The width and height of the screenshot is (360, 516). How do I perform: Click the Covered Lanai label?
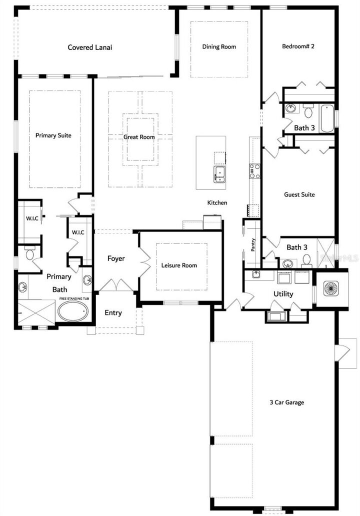90,47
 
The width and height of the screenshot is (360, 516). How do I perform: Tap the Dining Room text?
219,46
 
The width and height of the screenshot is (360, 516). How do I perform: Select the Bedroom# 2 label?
298,46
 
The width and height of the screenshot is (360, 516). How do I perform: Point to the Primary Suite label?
53,135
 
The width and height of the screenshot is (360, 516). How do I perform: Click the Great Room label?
139,136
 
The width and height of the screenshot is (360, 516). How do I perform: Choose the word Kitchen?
217,202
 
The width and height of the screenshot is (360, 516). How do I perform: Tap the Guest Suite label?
299,194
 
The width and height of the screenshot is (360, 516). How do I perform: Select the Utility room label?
283,293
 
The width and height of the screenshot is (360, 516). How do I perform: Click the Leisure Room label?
179,265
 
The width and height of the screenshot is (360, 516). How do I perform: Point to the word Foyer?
116,258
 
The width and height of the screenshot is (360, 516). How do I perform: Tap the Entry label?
113,312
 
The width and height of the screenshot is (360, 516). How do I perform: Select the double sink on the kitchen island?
220,173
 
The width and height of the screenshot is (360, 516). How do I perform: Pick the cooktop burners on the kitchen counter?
254,171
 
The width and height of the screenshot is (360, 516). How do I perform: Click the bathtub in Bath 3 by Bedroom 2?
327,118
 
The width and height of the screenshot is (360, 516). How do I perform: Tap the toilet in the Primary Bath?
29,255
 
